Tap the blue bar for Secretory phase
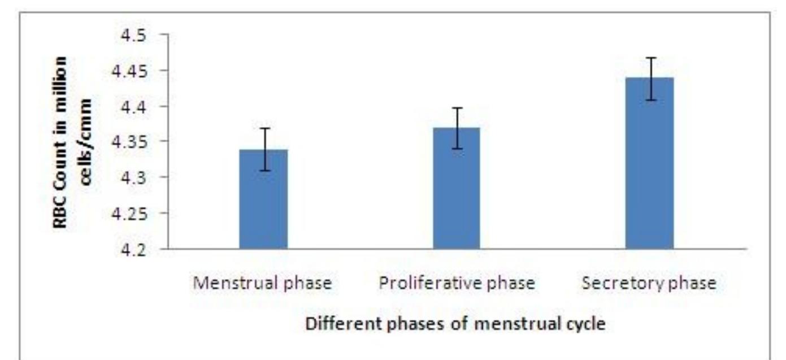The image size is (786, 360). point(649,163)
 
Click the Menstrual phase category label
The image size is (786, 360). point(262,283)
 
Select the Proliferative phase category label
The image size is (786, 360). point(456,283)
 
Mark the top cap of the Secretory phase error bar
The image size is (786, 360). point(649,58)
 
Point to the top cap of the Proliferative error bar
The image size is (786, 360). point(456,107)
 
